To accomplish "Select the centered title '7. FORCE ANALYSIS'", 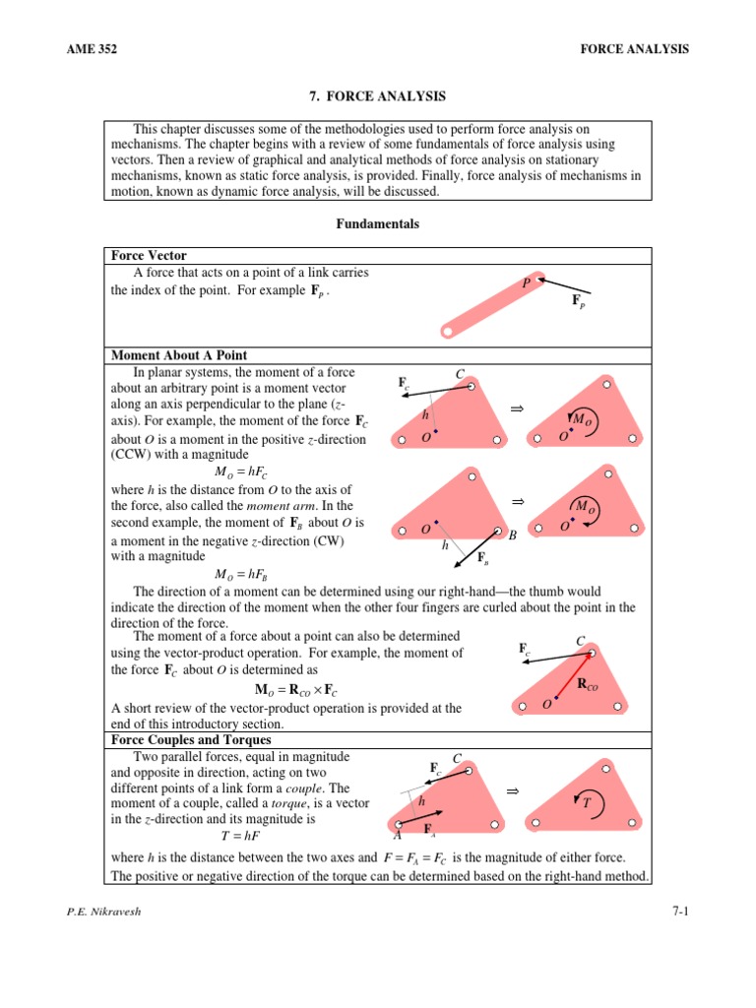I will [x=378, y=96].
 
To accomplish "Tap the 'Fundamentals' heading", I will [x=378, y=224].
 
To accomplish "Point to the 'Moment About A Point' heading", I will [x=179, y=354].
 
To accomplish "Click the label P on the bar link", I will [x=527, y=283].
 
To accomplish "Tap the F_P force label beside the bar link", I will [x=578, y=300].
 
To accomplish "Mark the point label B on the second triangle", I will [x=512, y=535].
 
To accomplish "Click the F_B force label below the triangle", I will [x=482, y=559].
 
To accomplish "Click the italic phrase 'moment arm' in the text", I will [x=259, y=504].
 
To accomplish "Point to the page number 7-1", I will [x=678, y=912].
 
